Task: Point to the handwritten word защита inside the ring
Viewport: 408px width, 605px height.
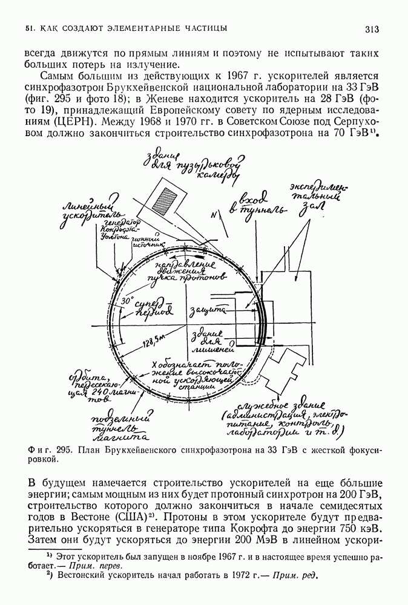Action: pos(208,312)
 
